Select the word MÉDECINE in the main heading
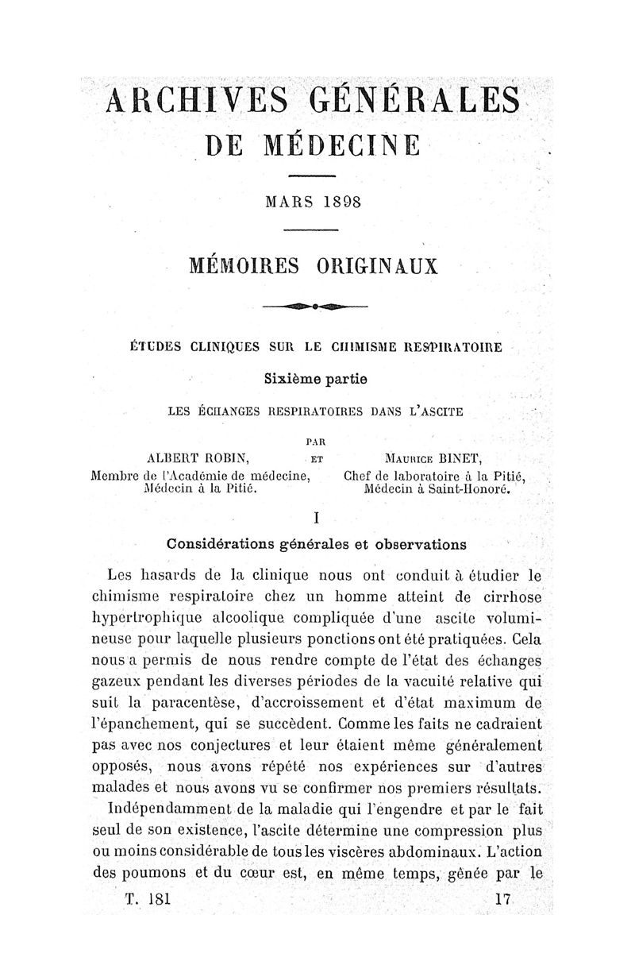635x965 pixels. (x=348, y=146)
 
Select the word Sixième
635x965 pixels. (x=293, y=380)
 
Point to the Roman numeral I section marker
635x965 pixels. (x=316, y=517)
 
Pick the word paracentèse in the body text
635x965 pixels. (x=202, y=701)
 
